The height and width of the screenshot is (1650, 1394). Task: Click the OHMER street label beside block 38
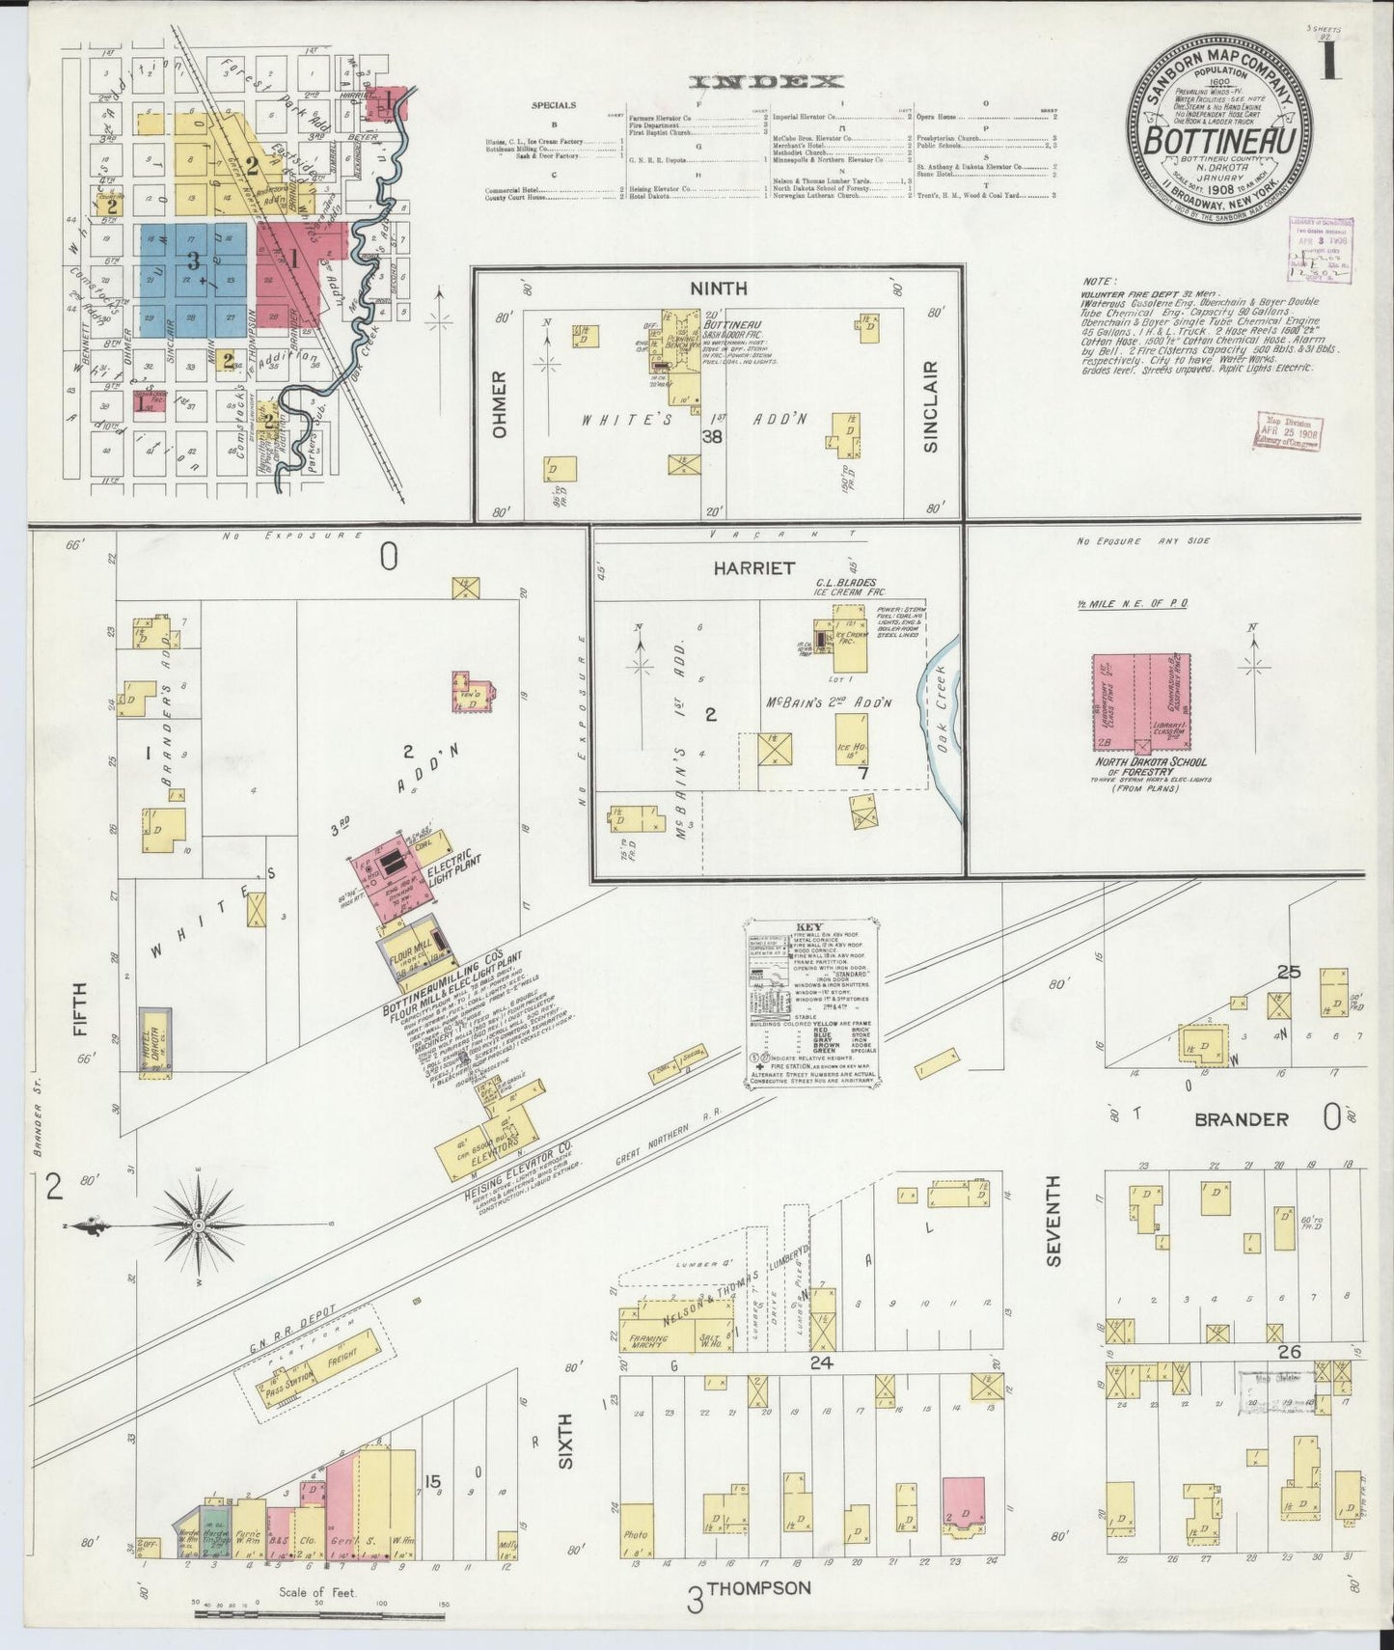pyautogui.click(x=499, y=405)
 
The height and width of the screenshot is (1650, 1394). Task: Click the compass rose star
pyautogui.click(x=199, y=1224)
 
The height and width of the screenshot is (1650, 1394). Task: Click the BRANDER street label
pyautogui.click(x=1241, y=1119)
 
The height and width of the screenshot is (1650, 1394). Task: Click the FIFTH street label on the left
pyautogui.click(x=79, y=1007)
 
